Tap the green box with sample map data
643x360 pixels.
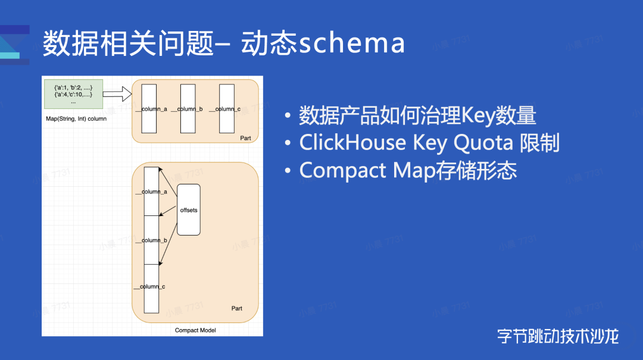coord(73,94)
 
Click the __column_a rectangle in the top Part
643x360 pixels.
coord(149,108)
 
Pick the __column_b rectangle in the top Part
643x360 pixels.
coord(188,108)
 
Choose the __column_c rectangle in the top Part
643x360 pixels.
coord(226,108)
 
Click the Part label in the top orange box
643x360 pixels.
coord(245,138)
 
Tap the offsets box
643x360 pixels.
coord(189,209)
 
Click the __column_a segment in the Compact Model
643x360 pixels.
coord(152,191)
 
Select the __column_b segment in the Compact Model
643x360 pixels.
coord(152,240)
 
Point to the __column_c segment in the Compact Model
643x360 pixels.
coord(152,288)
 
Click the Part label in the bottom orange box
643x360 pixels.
coord(237,308)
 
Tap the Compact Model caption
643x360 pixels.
coord(195,330)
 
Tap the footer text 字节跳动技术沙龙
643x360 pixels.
coord(558,336)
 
